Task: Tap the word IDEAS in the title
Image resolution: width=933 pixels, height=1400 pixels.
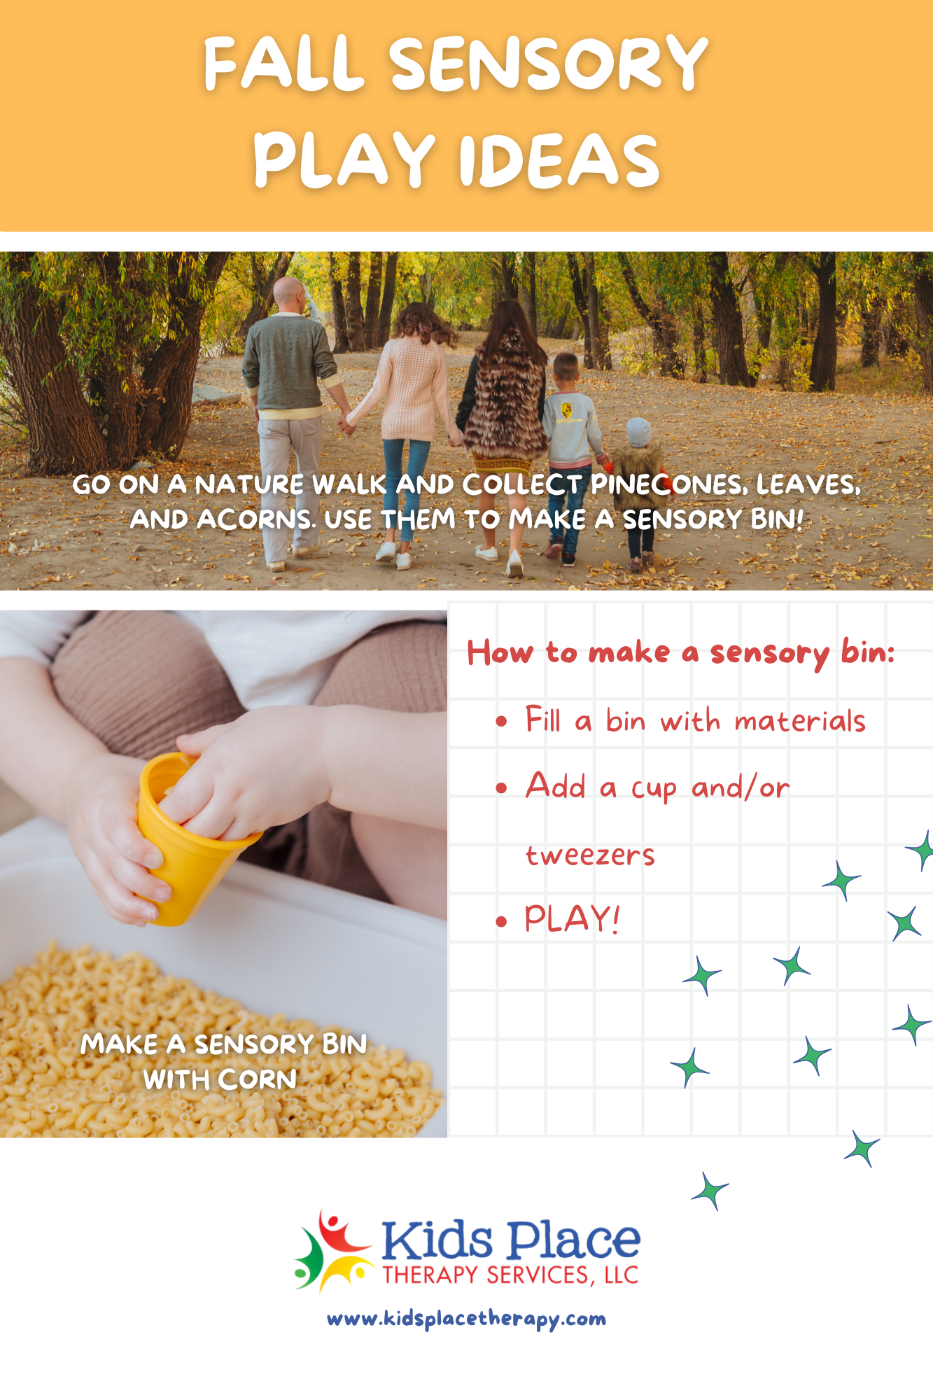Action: coord(559,160)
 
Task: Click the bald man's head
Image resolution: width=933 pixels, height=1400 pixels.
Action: coord(288,295)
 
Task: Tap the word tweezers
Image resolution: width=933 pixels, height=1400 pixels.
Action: coord(590,855)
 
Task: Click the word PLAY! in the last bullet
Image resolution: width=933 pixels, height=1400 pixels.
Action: coord(572,918)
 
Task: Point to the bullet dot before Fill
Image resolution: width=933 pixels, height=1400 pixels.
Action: coord(501,722)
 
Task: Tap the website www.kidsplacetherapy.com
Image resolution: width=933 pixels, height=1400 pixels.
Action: coord(467,1319)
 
